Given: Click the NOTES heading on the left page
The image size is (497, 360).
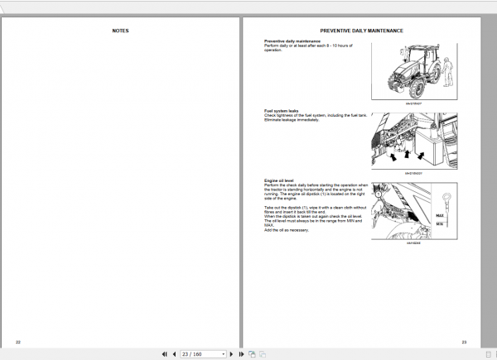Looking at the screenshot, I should click(x=120, y=31).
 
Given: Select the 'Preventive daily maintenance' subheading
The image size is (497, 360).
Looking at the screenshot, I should click(x=291, y=41).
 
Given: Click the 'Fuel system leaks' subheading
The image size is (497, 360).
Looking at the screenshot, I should click(x=281, y=110).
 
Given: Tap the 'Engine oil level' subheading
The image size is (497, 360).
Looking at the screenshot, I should click(x=279, y=179).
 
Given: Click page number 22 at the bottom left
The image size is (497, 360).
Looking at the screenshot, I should click(x=18, y=341).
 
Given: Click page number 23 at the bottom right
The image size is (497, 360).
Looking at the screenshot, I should click(x=465, y=341).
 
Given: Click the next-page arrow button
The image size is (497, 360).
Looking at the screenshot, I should click(x=234, y=354).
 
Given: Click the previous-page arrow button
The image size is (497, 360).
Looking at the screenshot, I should click(x=174, y=354).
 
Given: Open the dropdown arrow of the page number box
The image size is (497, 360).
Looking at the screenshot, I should click(x=224, y=354).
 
